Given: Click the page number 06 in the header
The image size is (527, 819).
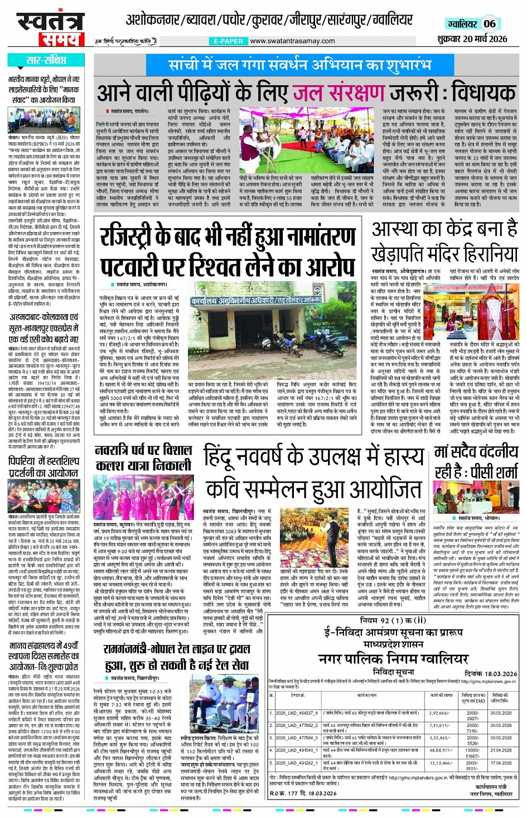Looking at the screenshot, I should [x=489, y=23].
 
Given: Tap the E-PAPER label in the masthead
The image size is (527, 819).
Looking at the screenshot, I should [x=229, y=41].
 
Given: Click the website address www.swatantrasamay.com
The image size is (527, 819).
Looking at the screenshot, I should [x=292, y=41].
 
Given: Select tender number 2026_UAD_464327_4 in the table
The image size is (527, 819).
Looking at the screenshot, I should [x=296, y=713].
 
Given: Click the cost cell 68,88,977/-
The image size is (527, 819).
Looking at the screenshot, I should [x=441, y=750].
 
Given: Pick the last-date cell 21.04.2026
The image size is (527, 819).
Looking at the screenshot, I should [x=500, y=750].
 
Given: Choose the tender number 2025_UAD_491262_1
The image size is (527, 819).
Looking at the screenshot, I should [x=296, y=763].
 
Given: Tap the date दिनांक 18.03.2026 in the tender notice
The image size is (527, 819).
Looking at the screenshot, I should [x=491, y=673].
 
